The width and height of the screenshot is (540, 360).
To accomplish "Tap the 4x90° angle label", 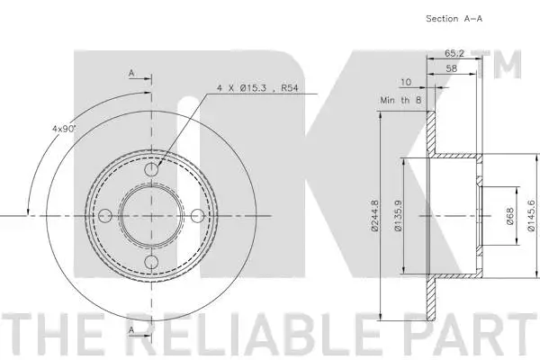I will pos(64,129).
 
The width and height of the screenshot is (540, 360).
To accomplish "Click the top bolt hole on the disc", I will pos(152,168).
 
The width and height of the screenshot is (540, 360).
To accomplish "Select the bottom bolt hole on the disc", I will pos(152,261).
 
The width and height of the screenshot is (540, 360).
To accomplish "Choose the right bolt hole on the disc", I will pos(199,215).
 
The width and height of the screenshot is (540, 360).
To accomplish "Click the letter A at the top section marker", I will pos(131,72).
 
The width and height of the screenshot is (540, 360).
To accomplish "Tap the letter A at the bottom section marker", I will pos(131,331).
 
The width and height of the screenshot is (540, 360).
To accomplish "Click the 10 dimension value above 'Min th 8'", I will pos(406,81).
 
